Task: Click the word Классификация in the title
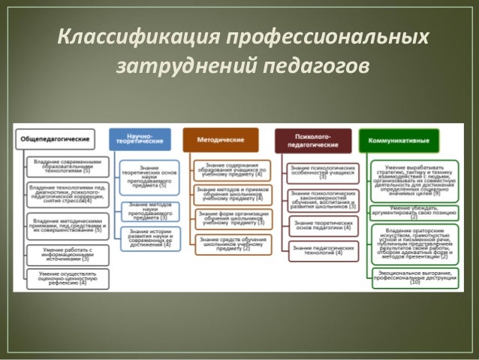point(134,37)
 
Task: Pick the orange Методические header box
point(220,140)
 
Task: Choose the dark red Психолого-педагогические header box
point(312,140)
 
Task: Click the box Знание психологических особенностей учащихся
point(322,172)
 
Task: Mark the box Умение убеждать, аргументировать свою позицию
point(414,213)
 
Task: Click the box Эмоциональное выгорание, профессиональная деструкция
point(414,277)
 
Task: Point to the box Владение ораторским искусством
point(414,244)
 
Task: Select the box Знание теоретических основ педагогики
point(322,225)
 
